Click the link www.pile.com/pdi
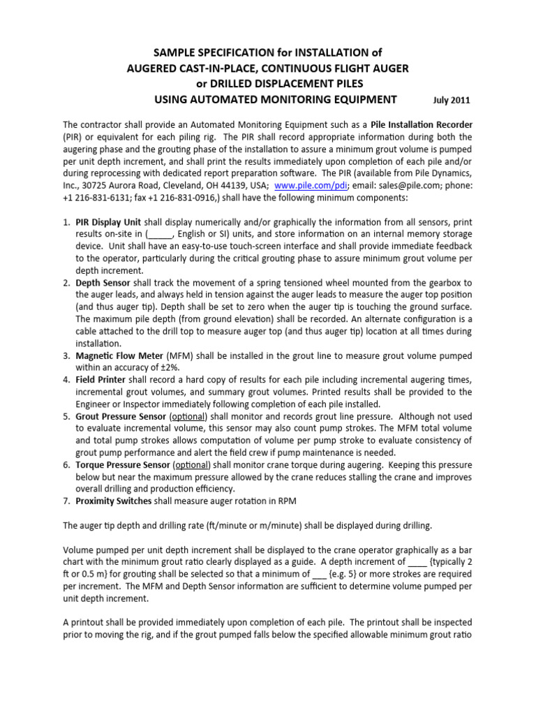click(306, 186)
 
